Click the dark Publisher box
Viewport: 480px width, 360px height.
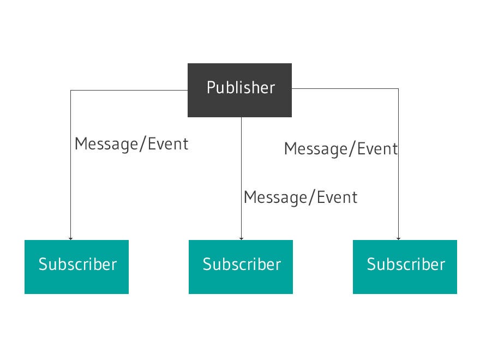coord(239,90)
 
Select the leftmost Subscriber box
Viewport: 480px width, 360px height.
coord(76,267)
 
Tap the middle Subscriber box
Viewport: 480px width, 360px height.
coord(241,267)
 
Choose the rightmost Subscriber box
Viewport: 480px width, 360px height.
coord(405,267)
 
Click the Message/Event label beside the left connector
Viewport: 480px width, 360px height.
coord(131,144)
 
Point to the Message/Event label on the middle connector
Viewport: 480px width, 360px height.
coord(301,197)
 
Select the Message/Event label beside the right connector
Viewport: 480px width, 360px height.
coord(341,148)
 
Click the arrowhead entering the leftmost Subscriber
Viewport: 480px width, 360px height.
coord(70,238)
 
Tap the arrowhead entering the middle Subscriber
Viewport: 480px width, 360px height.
coord(241,238)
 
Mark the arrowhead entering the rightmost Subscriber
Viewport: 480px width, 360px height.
coord(398,238)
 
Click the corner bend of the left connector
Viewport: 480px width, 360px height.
coord(70,91)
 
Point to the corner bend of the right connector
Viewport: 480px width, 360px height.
coord(398,88)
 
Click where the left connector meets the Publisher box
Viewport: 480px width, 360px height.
coord(188,91)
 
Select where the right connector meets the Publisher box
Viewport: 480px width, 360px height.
coord(292,88)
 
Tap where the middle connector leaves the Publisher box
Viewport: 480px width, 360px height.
coord(241,117)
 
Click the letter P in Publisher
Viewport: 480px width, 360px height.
coord(211,88)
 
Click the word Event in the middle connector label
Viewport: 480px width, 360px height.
coord(338,197)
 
